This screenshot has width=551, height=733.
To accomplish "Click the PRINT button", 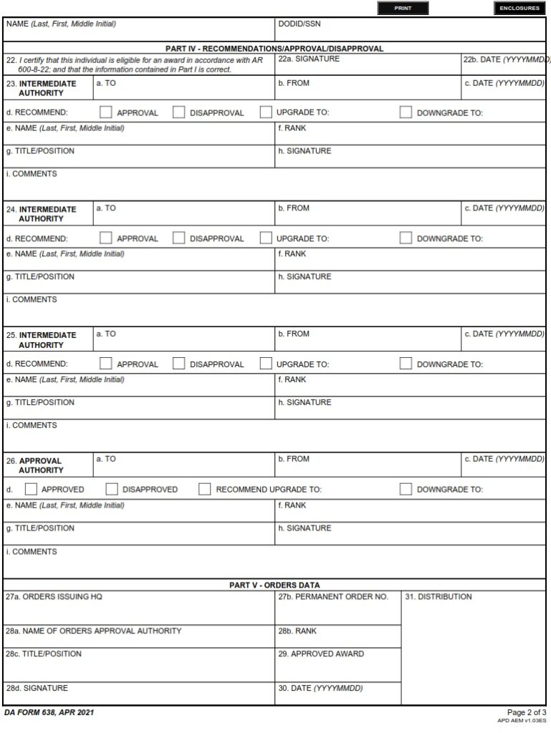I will [x=403, y=9].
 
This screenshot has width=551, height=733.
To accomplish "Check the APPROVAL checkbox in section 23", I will [x=106, y=112].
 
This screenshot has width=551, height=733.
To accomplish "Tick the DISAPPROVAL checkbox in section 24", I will [x=179, y=238].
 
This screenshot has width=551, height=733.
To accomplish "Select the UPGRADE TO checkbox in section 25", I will [x=266, y=364].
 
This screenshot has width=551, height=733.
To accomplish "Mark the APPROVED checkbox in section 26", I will [x=31, y=490].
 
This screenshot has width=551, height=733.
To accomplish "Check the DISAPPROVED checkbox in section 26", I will [x=112, y=490].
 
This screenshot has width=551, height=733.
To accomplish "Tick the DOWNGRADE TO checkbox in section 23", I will [x=406, y=112].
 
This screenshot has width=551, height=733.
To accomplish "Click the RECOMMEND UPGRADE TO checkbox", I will [x=205, y=490].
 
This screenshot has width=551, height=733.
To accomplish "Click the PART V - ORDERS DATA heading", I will [x=274, y=585].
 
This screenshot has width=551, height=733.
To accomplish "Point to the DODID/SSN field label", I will [x=300, y=24].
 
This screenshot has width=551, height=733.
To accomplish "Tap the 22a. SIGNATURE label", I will [x=309, y=59].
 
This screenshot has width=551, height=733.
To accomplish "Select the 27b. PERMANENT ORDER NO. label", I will [x=333, y=596].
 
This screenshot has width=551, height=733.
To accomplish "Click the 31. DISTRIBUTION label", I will [x=439, y=596].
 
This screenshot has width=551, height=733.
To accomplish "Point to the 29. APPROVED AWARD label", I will [x=321, y=654].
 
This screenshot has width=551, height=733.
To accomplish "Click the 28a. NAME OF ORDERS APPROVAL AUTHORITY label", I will [x=94, y=631].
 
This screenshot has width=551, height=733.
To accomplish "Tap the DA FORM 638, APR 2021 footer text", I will [x=49, y=713].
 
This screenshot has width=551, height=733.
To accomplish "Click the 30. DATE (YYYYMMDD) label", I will [x=320, y=688].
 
